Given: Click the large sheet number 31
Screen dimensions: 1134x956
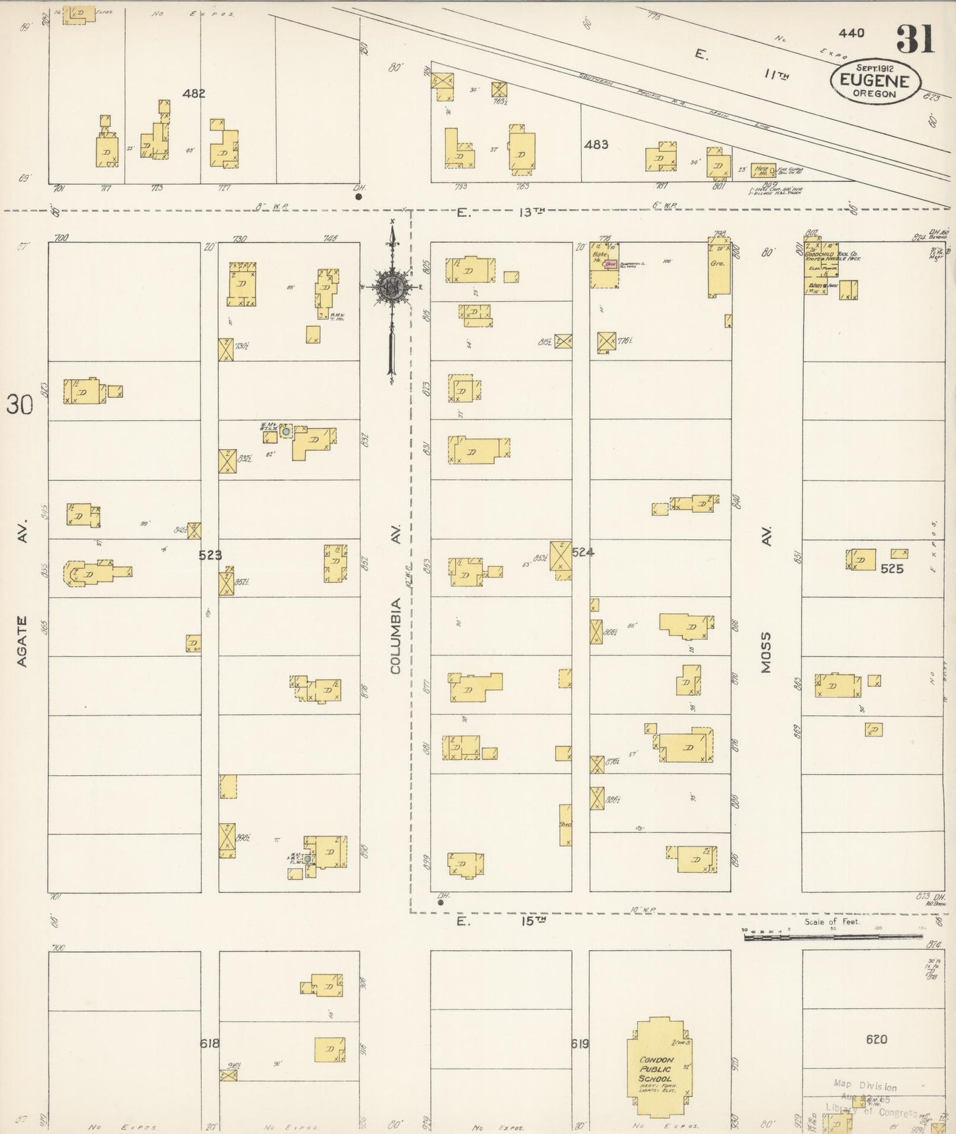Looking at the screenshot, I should click(x=916, y=39).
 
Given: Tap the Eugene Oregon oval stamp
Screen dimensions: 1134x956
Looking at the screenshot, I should click(x=875, y=81).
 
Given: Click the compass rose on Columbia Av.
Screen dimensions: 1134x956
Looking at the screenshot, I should click(x=392, y=286).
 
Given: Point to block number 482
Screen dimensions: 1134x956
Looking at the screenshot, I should click(x=194, y=93).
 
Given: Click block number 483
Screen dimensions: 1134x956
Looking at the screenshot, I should click(x=595, y=144).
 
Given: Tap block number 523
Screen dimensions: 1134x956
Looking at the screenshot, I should click(x=210, y=555).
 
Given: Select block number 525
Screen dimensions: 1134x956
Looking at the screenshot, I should click(x=891, y=568).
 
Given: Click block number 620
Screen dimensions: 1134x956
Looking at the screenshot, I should click(x=876, y=1039).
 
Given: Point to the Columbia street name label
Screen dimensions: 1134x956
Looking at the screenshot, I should click(x=396, y=636).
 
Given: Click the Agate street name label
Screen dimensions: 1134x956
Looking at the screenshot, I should click(x=22, y=641).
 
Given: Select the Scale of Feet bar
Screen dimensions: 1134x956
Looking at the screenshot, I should click(x=832, y=936).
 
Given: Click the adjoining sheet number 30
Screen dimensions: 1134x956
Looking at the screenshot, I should click(x=19, y=404).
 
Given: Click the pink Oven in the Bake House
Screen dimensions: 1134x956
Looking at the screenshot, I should click(x=611, y=264).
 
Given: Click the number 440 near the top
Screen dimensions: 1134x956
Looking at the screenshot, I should click(x=851, y=33).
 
